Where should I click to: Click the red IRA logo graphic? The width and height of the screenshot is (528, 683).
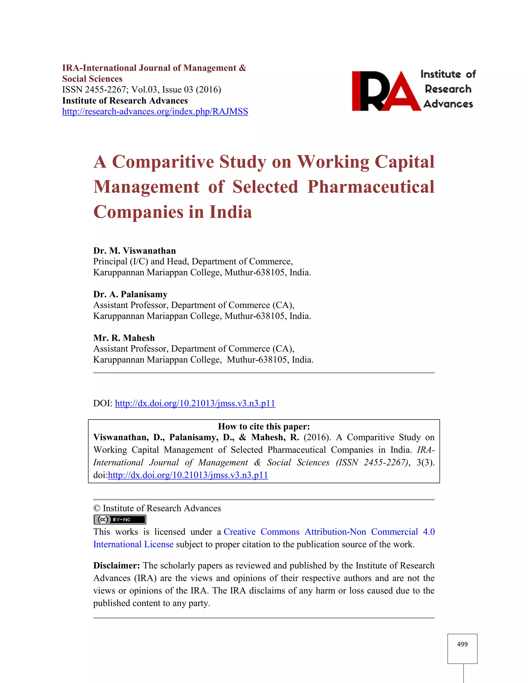pos(386,91)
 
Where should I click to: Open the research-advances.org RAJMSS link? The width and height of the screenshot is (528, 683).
pos(155,112)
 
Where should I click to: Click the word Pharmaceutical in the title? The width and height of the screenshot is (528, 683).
pos(371,187)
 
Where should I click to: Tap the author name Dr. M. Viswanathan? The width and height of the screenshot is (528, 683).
pos(135,251)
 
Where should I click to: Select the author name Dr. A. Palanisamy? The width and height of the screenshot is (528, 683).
pos(130,294)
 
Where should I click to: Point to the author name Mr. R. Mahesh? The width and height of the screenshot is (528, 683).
pos(124,338)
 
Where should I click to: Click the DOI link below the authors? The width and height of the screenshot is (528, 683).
pos(195,403)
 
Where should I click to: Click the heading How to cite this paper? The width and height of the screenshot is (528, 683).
pos(264,427)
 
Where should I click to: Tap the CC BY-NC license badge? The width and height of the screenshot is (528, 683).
pos(120,520)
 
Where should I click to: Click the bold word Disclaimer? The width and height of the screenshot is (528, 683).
pos(116,566)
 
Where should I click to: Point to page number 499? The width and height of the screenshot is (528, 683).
pos(462,644)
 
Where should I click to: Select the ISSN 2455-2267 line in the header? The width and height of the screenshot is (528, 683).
pos(141,90)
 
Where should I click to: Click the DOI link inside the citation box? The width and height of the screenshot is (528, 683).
pos(188,475)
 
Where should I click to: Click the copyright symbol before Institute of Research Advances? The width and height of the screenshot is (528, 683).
pos(96,509)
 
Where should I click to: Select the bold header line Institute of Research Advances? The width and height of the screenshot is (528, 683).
pos(125,101)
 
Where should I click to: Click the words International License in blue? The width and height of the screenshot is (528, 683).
pos(133,544)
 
